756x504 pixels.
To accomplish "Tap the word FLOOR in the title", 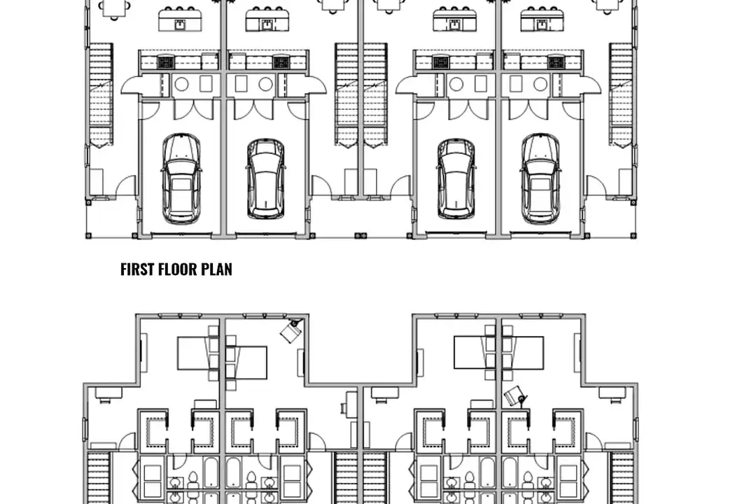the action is pos(178,269).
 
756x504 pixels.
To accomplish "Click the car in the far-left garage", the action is pos(181,179).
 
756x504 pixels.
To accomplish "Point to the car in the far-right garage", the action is pos(540,179).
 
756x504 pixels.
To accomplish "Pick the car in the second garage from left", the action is pos(265,179).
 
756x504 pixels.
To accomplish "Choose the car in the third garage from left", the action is pos(456,179).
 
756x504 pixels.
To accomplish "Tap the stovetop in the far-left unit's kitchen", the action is pos(165,62).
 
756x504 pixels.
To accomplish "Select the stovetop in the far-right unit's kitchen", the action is pos(556,62).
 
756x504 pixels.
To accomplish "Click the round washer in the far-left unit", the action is pos(181,85).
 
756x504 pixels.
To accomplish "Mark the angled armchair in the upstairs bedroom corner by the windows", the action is pos(292,329).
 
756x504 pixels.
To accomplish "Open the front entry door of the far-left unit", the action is pos(126,185).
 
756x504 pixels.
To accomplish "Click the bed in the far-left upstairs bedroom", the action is pos(198,353).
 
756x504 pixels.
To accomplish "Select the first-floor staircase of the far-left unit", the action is pos(101,94).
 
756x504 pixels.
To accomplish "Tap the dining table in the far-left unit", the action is pos(115,7).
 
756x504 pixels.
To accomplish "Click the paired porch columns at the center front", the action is pos(360,235).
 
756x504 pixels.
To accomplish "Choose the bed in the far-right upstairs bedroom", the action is pos(523,353).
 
